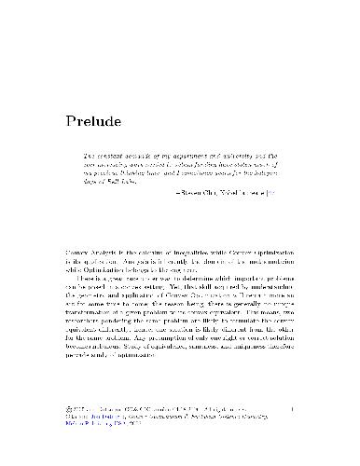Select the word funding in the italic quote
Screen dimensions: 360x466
click(x=210, y=164)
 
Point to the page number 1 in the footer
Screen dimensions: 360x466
click(x=292, y=407)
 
